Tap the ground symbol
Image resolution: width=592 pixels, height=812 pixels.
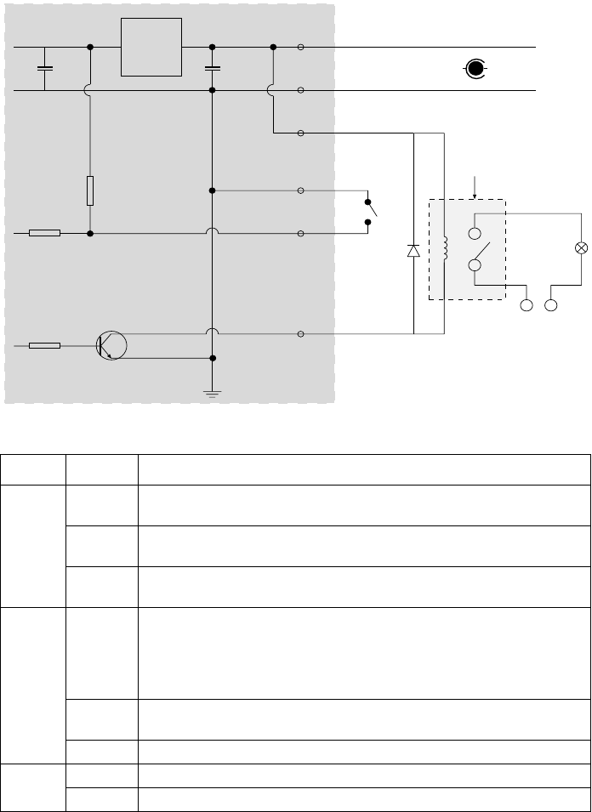(x=213, y=392)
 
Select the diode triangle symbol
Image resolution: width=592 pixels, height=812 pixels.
(x=413, y=251)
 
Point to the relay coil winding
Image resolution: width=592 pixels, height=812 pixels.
(x=443, y=249)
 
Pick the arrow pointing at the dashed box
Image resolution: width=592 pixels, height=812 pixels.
(x=475, y=186)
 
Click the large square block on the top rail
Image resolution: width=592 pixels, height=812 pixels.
(x=151, y=47)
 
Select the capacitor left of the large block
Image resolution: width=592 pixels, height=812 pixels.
(x=46, y=68)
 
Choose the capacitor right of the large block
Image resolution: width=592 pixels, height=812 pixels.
(x=213, y=68)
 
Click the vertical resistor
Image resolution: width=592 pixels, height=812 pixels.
(x=90, y=191)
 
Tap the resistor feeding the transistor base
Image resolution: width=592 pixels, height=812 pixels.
(x=44, y=345)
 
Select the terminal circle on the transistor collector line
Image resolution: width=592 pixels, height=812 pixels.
(x=301, y=334)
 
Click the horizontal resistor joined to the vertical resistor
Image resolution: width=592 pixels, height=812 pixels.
(x=44, y=232)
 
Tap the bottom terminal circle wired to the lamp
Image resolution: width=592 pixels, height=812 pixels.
(x=552, y=304)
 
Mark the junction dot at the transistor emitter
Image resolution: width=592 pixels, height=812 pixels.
(x=213, y=358)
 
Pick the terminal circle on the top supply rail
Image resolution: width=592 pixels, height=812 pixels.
(x=301, y=48)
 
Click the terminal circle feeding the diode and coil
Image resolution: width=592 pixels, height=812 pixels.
(x=301, y=133)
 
